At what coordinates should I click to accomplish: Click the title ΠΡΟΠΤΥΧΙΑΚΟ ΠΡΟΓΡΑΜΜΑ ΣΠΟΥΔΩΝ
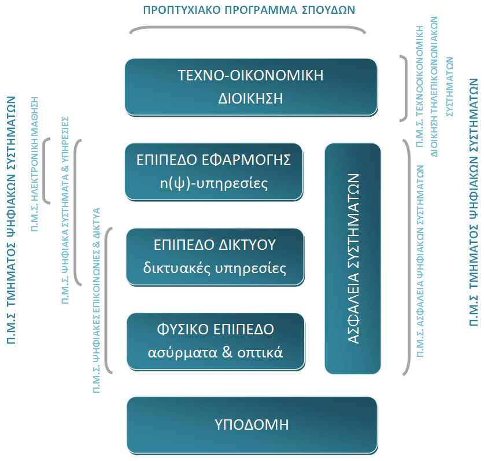click(249, 10)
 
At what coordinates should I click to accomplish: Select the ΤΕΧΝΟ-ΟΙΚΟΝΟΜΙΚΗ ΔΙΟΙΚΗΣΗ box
click(252, 87)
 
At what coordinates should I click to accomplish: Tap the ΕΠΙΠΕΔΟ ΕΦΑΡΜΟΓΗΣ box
click(214, 172)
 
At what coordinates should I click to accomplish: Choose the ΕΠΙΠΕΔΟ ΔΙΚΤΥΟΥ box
click(215, 257)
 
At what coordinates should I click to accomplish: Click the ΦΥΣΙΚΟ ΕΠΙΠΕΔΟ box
click(216, 342)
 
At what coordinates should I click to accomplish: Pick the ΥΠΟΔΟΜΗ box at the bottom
click(252, 426)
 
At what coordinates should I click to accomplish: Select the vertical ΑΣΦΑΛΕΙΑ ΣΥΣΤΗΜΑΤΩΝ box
click(353, 259)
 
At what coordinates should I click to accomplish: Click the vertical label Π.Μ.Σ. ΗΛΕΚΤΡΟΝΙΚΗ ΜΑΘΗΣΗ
click(35, 164)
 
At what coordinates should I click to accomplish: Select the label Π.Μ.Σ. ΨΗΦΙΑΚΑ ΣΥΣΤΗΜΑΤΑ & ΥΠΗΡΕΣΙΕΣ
click(65, 211)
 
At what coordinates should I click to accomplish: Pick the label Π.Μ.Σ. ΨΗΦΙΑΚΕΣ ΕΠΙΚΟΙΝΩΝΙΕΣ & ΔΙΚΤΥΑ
click(97, 300)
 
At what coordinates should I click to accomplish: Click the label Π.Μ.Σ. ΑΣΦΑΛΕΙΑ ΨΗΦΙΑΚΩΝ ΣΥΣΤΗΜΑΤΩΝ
click(420, 261)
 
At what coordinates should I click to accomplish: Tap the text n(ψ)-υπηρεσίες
click(213, 183)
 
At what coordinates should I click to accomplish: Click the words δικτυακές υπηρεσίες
click(215, 268)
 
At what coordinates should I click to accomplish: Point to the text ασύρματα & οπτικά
click(215, 352)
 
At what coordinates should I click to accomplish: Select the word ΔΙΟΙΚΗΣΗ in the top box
click(250, 98)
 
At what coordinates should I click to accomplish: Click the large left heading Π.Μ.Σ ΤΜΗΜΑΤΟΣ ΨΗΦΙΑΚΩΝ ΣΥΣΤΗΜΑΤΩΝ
click(12, 220)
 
